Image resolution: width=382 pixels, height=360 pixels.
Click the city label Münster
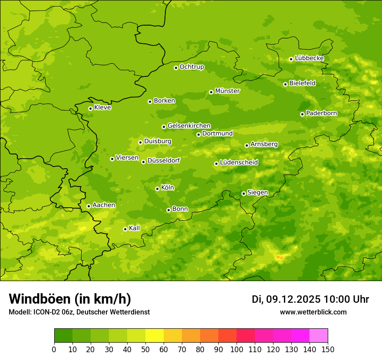227,91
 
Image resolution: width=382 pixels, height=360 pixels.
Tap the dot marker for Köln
157,189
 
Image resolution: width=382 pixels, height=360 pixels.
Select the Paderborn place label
322,113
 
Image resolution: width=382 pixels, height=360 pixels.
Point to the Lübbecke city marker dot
291,59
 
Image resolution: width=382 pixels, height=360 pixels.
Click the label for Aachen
104,205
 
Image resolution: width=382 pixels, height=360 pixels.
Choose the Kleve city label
103,108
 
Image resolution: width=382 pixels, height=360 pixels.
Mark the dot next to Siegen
244,193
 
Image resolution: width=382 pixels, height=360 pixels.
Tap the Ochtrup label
192,67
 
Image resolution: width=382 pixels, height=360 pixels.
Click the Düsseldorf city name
164,160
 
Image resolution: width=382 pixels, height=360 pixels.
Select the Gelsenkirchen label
189,126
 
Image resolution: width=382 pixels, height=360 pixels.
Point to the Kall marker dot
125,229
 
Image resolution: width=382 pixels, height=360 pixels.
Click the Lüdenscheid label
239,163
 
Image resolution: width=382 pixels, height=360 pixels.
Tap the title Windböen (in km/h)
70,299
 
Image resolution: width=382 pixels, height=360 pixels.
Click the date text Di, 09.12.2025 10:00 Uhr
310,299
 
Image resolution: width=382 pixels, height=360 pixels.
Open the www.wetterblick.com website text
313,312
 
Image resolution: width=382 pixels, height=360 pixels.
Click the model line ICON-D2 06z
79,312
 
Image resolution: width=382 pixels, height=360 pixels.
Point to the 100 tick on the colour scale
237,349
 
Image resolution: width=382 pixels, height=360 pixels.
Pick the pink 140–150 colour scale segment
319,336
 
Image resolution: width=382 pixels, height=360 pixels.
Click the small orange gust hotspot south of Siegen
280,258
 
